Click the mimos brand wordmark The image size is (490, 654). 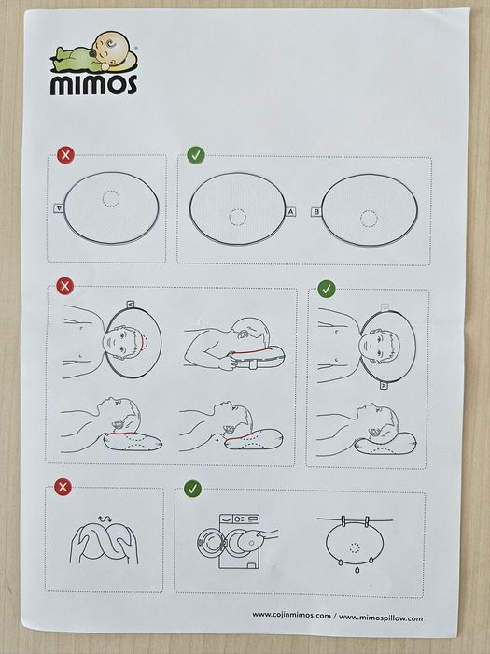93,85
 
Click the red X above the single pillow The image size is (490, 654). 65,155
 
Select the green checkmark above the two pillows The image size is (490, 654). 196,155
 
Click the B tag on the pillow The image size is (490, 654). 316,212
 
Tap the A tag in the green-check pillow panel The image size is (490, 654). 290,212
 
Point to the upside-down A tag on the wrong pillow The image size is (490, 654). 59,207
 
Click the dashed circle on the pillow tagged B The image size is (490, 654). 369,219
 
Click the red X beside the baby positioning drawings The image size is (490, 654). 64,286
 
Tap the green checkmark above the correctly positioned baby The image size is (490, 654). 327,289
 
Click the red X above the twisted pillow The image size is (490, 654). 63,487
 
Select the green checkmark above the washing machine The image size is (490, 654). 192,489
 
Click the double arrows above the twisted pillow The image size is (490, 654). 105,519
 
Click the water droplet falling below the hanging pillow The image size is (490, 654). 357,569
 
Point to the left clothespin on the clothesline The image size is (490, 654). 343,521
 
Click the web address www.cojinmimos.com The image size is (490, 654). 291,615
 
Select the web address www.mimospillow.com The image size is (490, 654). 381,618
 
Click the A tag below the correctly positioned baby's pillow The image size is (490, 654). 384,385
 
